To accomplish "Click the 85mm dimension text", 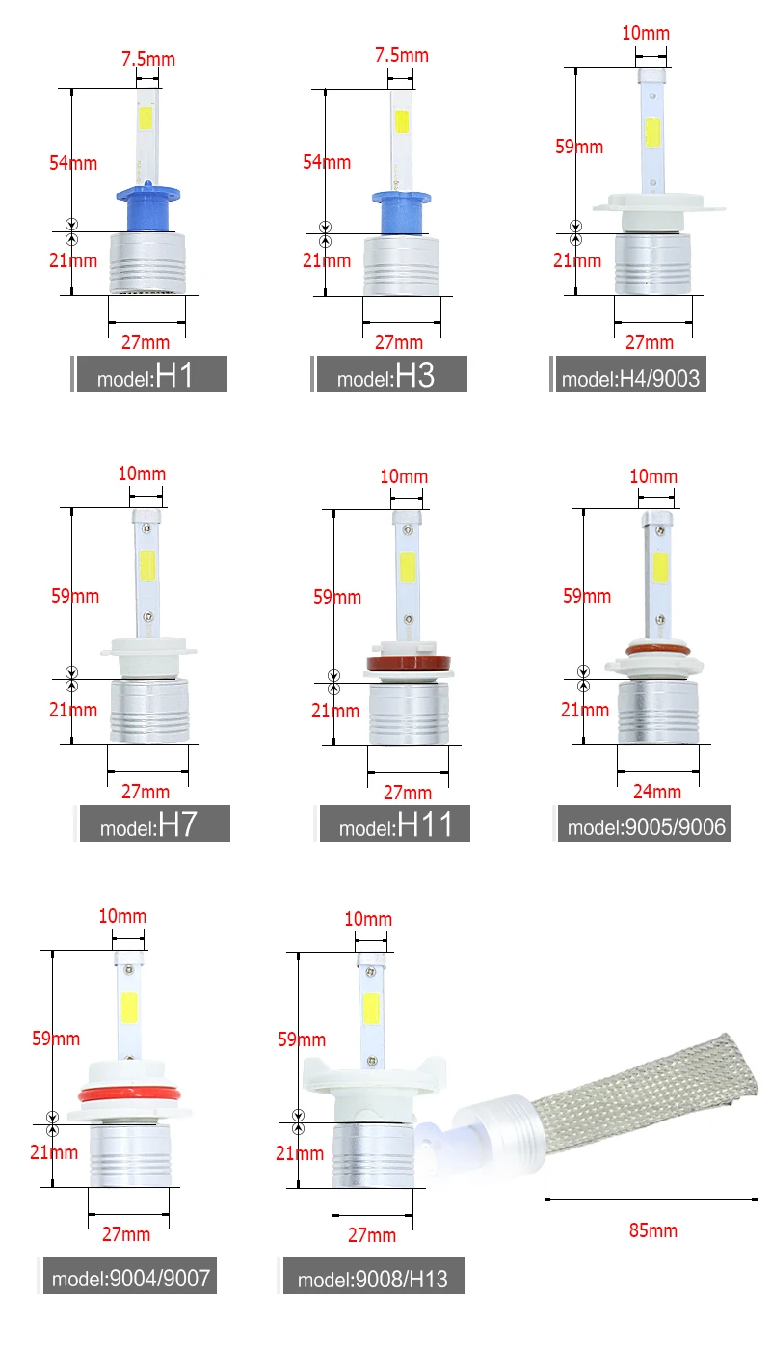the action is (x=653, y=1230).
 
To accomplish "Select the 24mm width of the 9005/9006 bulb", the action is (x=657, y=792).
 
